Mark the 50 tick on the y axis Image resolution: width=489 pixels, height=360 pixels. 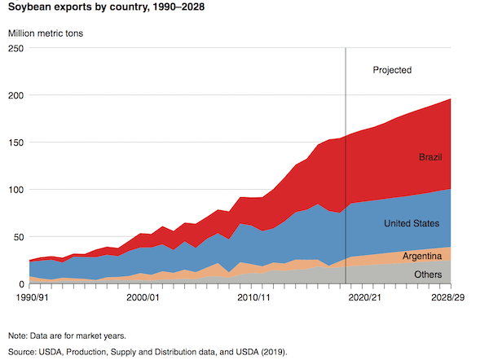click(x=19, y=237)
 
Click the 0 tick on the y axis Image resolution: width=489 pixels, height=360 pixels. click(x=22, y=284)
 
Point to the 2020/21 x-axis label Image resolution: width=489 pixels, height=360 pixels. click(x=364, y=298)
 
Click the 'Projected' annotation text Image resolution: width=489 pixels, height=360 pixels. click(x=392, y=70)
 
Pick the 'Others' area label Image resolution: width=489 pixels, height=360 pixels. click(x=428, y=274)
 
